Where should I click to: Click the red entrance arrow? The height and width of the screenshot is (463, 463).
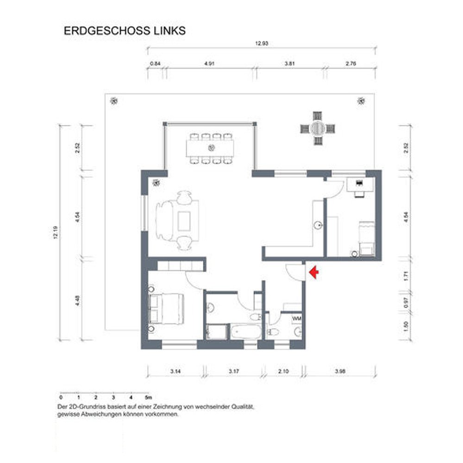click(x=314, y=272)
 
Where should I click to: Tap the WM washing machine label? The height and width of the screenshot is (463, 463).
click(x=296, y=319)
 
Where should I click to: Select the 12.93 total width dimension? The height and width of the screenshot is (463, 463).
click(x=262, y=44)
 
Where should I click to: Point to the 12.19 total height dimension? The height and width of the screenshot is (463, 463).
click(x=56, y=232)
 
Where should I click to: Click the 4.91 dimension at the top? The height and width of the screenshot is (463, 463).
click(x=209, y=63)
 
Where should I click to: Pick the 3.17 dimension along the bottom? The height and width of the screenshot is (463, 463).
click(x=233, y=371)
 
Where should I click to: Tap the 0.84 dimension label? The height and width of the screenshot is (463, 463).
click(x=155, y=63)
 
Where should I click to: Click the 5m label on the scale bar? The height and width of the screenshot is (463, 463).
click(x=148, y=397)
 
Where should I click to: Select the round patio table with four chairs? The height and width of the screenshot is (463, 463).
click(x=318, y=128)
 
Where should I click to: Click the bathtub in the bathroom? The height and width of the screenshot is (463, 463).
click(x=246, y=332)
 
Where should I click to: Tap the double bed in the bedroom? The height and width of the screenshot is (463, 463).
click(x=166, y=308)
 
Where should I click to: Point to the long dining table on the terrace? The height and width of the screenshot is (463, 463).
click(x=210, y=148)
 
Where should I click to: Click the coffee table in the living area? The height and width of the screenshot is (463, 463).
click(x=184, y=221)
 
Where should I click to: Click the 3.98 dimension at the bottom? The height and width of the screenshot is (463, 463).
click(x=340, y=371)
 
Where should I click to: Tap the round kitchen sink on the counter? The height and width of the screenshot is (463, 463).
click(x=318, y=225)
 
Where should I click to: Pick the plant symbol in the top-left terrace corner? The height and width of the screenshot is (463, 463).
click(x=114, y=101)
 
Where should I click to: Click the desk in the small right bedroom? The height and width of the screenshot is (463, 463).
click(x=360, y=185)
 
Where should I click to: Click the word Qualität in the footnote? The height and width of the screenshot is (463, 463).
click(x=243, y=407)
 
